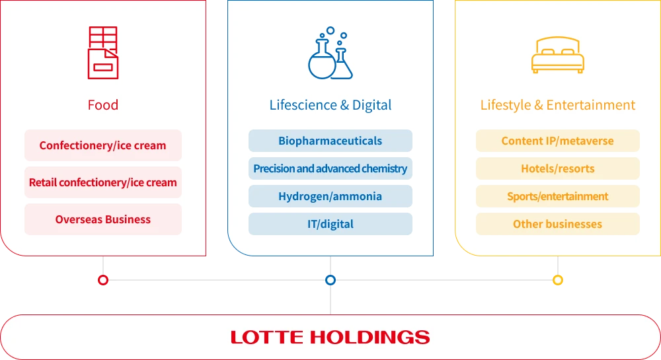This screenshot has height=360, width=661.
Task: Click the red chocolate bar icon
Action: click(102, 53)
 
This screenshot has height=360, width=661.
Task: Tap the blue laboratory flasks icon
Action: click(330, 54)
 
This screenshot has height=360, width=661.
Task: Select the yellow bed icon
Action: click(558, 55)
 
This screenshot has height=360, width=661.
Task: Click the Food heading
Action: click(102, 105)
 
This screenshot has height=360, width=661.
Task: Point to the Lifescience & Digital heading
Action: click(330, 105)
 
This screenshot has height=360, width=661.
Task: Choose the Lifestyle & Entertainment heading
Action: click(558, 105)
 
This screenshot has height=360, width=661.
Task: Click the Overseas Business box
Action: click(103, 219)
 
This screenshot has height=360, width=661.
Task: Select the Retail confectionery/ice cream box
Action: click(103, 182)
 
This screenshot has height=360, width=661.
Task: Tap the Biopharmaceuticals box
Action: click(330, 141)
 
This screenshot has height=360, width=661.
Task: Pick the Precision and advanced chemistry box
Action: click(330, 168)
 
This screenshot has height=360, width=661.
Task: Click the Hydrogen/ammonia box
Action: click(330, 196)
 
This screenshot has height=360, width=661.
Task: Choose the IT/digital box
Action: click(330, 224)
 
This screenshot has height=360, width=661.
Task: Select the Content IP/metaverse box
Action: click(558, 141)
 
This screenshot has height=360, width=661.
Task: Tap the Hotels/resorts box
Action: click(558, 168)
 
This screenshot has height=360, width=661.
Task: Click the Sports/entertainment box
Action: click(558, 196)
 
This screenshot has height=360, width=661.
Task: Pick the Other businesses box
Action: click(558, 224)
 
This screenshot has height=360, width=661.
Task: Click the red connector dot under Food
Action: click(102, 280)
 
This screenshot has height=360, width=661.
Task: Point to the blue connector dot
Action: click(330, 280)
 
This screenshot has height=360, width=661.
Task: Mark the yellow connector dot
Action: click(558, 280)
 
